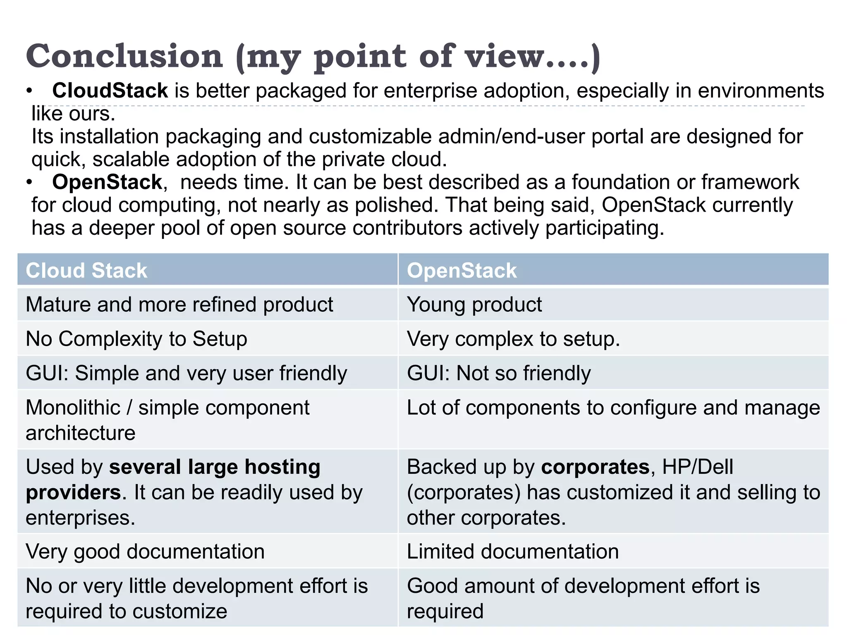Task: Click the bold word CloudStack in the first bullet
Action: [110, 91]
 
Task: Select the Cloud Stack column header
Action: [86, 270]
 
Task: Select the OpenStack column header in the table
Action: [462, 270]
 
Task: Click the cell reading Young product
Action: [474, 305]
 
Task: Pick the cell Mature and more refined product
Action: [179, 305]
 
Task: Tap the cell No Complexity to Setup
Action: [136, 339]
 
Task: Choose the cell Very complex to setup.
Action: [513, 339]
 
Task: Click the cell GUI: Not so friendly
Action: [499, 373]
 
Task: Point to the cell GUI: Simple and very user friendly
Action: [186, 373]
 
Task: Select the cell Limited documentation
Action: [513, 552]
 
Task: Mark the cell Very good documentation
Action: [145, 552]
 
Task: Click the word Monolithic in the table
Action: [73, 408]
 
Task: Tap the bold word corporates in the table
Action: [595, 467]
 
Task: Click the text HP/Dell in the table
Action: [697, 467]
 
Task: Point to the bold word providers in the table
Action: [73, 493]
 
